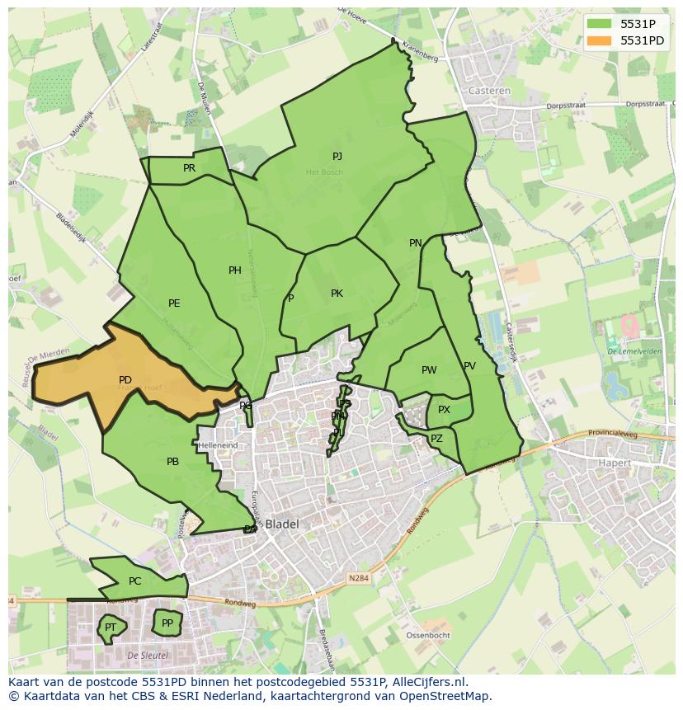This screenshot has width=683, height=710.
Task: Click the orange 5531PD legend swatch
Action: [x=601, y=40]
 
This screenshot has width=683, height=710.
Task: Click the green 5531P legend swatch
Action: [x=601, y=23]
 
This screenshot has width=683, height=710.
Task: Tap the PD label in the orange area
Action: [x=125, y=380]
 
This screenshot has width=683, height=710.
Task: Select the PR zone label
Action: [x=189, y=168]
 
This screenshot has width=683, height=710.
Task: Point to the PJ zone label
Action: [x=337, y=157]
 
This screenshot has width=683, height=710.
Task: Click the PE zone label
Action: [x=174, y=303]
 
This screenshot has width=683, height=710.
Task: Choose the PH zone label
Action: [x=235, y=270]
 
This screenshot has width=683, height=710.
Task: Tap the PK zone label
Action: [x=337, y=294]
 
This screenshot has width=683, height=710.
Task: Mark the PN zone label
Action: [x=416, y=243]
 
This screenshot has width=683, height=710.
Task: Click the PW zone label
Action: [x=429, y=370]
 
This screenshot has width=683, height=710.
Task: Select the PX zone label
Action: [x=444, y=410]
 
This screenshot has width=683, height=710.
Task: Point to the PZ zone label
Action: [x=436, y=439]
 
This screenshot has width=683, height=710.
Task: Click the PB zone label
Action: [x=172, y=462]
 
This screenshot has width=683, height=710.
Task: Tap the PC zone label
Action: [x=135, y=581]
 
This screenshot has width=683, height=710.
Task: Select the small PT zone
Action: [x=110, y=628]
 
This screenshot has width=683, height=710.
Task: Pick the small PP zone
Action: [x=167, y=623]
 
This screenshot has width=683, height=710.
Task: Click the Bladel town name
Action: [x=282, y=524]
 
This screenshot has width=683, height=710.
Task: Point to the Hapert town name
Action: [x=614, y=463]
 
